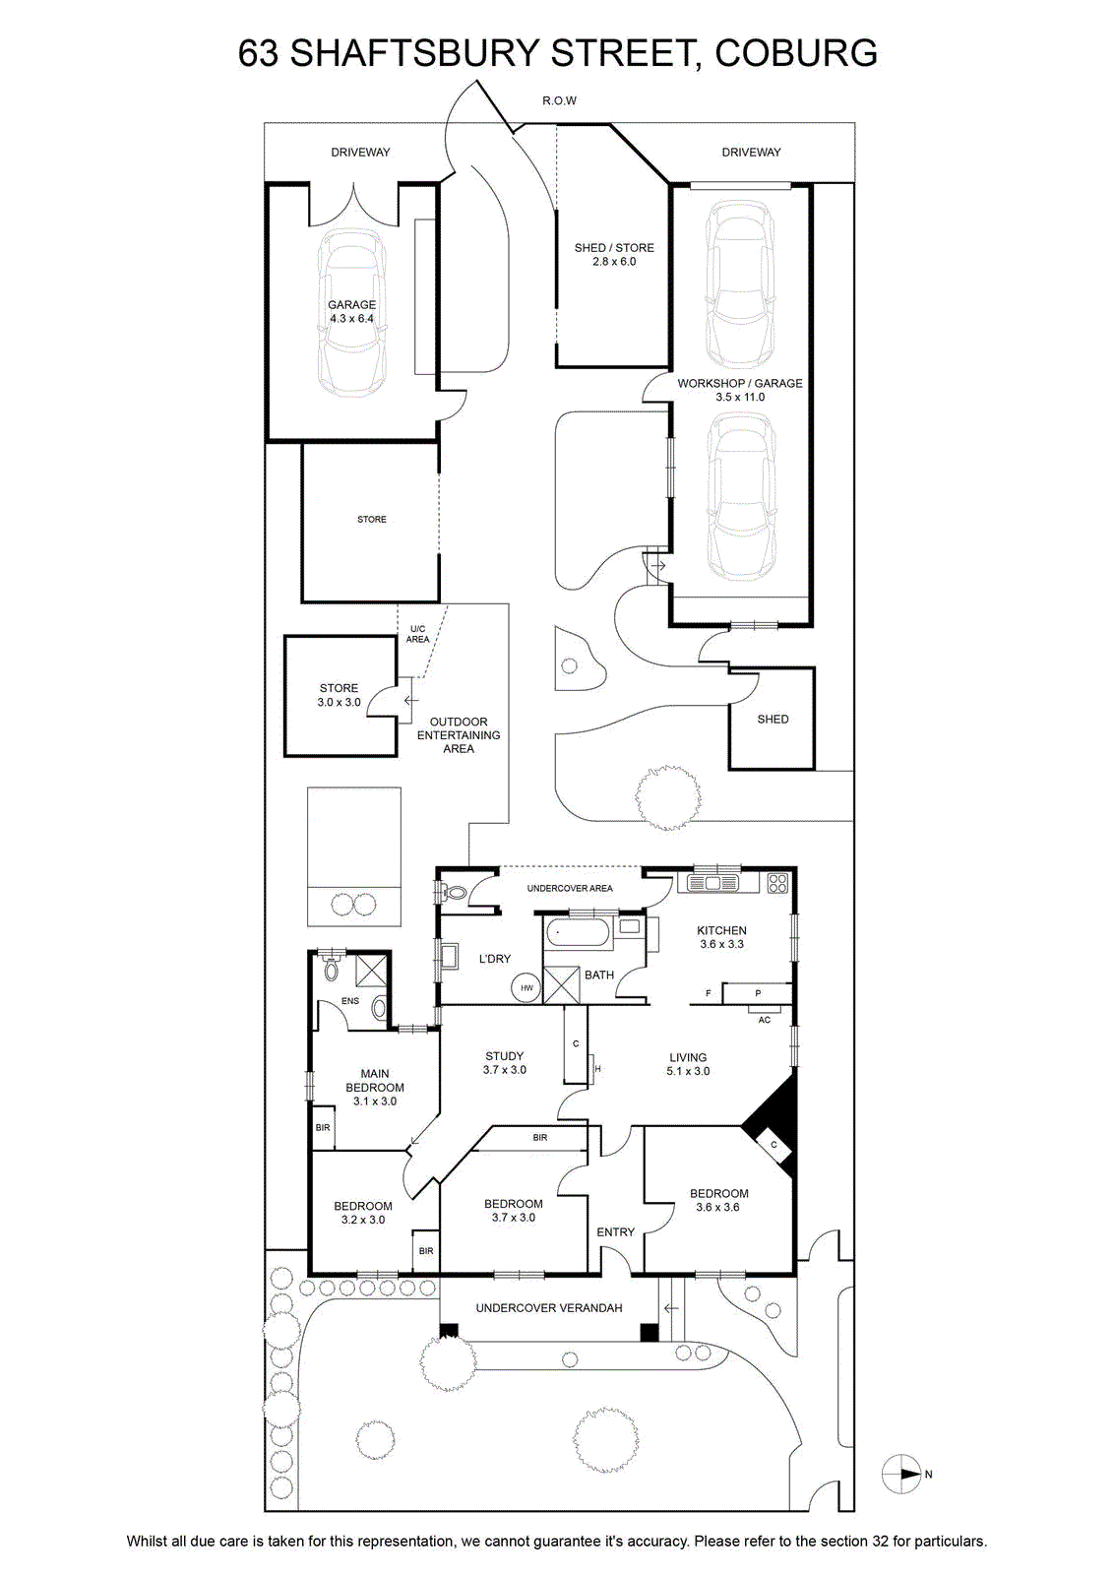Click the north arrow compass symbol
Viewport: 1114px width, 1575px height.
(x=902, y=1474)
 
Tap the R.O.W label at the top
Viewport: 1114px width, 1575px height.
(x=559, y=100)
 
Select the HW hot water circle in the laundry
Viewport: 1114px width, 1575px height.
(x=527, y=988)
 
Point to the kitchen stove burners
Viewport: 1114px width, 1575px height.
(x=777, y=883)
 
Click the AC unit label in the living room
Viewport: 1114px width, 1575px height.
(x=765, y=1020)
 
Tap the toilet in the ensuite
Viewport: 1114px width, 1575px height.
(x=331, y=969)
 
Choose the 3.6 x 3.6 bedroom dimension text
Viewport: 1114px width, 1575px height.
(x=717, y=1207)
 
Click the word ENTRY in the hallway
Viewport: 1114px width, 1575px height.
(x=616, y=1231)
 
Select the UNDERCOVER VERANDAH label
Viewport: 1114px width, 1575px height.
(x=549, y=1308)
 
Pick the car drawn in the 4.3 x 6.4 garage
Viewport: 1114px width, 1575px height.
(x=351, y=312)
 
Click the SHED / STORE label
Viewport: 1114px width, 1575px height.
(x=614, y=247)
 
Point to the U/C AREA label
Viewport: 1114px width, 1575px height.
(x=417, y=634)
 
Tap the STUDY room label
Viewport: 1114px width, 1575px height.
(x=504, y=1056)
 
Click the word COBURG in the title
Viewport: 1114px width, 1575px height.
(x=796, y=53)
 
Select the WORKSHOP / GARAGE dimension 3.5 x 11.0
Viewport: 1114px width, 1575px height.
(x=740, y=397)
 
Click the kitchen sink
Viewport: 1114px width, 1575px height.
(x=712, y=882)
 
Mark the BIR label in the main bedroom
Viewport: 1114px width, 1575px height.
(x=323, y=1128)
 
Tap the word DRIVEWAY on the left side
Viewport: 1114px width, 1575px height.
(x=360, y=152)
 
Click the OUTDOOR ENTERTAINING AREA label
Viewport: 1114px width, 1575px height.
(x=459, y=734)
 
